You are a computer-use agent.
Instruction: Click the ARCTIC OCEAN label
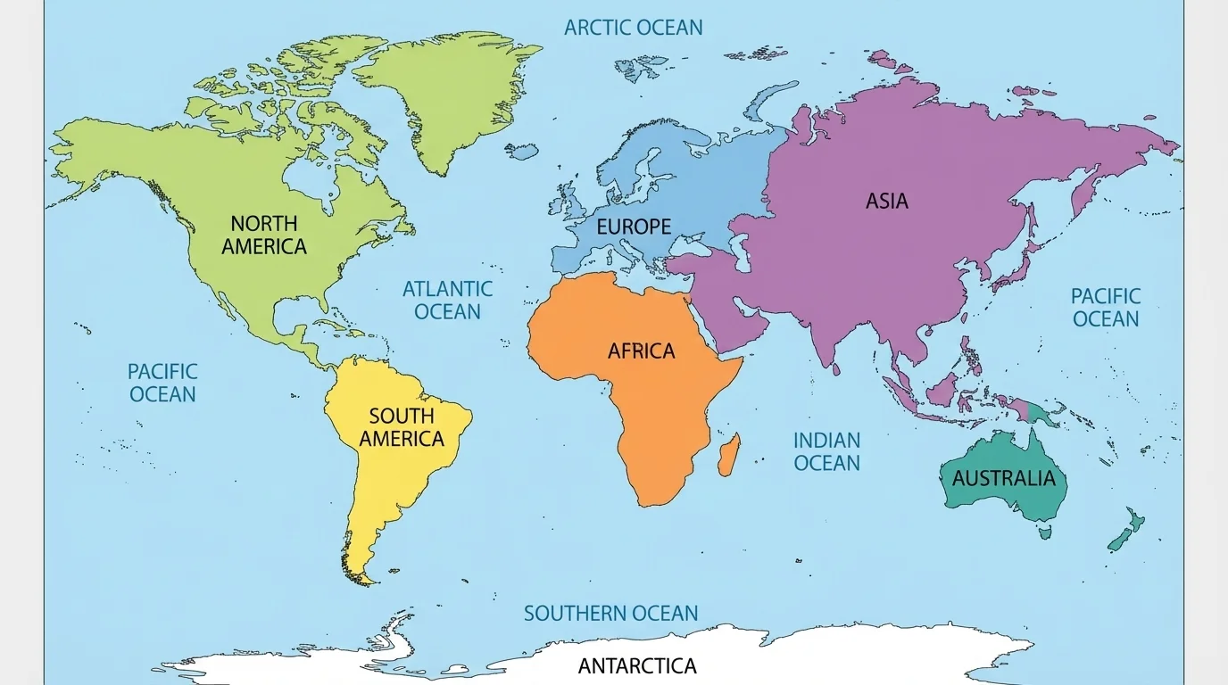pyautogui.click(x=633, y=28)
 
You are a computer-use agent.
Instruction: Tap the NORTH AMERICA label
pyautogui.click(x=263, y=235)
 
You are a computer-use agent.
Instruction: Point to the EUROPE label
pyautogui.click(x=633, y=227)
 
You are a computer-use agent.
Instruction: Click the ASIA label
pyautogui.click(x=886, y=202)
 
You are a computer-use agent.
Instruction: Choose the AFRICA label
pyautogui.click(x=641, y=351)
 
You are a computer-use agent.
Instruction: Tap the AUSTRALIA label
pyautogui.click(x=1003, y=478)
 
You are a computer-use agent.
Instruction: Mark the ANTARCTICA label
pyautogui.click(x=636, y=665)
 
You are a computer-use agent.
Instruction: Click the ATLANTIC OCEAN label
pyautogui.click(x=447, y=301)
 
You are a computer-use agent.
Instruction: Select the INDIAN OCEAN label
pyautogui.click(x=826, y=451)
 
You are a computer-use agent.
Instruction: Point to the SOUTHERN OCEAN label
pyautogui.click(x=610, y=614)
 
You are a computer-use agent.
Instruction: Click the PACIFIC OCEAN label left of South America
pyautogui.click(x=162, y=383)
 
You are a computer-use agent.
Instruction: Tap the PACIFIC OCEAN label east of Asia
pyautogui.click(x=1106, y=307)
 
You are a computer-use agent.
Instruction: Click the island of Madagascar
pyautogui.click(x=728, y=454)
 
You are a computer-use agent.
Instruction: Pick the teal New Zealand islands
pyautogui.click(x=1126, y=529)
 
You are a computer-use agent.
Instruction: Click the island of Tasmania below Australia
pyautogui.click(x=1044, y=532)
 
